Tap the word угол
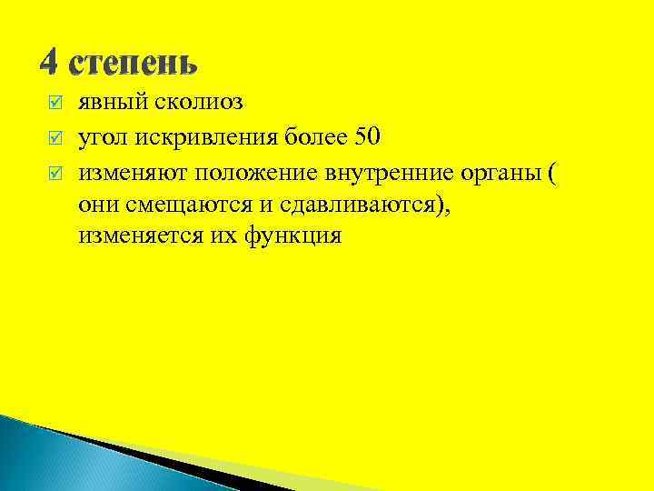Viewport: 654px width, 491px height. coord(101,137)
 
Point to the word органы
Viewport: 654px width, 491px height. coord(500,172)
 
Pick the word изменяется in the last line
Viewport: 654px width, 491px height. coord(137,237)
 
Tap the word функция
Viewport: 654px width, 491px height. coord(291,238)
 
